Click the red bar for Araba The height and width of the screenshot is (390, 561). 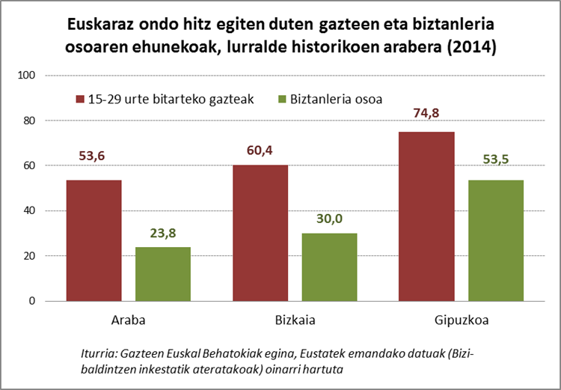93,240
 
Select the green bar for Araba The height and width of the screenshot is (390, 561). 163,274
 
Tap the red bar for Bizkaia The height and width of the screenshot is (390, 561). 260,233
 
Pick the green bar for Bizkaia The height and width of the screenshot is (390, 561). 330,267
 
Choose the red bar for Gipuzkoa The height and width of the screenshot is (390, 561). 427,216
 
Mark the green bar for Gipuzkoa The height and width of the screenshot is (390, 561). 497,240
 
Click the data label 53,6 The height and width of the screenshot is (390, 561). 93,156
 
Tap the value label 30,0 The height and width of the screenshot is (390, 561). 330,218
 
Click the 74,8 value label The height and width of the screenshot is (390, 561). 427,114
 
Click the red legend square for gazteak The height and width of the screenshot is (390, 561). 79,100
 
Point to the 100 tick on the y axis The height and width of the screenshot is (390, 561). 28,75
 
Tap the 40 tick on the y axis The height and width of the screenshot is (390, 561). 31,211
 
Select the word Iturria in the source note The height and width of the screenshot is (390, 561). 99,354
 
